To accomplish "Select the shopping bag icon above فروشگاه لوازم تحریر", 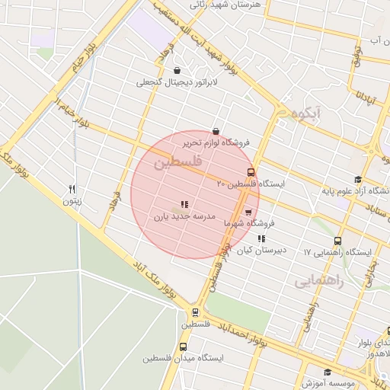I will tap(216, 130).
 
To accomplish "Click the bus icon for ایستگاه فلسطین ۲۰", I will tap(251, 172).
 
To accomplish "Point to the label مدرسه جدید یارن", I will tap(186, 216).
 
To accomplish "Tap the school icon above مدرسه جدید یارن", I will tap(184, 203).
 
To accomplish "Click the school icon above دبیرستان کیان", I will tap(261, 238).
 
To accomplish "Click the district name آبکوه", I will tap(306, 113).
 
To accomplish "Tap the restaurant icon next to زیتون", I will tap(72, 189).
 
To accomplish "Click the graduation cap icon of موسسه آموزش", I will tap(328, 372).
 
